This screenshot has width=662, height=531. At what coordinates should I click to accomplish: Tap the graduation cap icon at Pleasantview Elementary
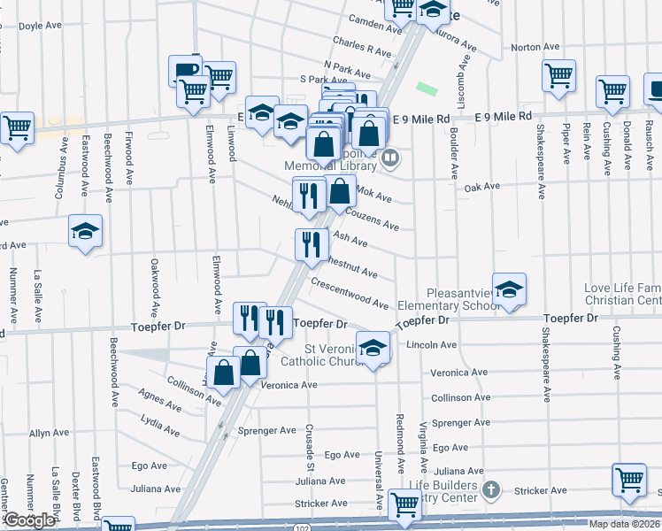(510, 289)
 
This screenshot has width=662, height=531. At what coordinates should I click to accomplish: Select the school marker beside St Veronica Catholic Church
(373, 348)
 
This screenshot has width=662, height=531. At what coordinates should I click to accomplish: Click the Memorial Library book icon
(390, 158)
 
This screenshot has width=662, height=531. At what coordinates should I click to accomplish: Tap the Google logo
(29, 520)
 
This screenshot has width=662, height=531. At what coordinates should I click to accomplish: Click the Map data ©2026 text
(624, 524)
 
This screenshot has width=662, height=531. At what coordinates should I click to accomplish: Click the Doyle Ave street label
(37, 27)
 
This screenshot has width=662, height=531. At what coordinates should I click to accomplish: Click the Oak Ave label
(482, 187)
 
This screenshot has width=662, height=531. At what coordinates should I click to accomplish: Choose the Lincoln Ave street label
(431, 344)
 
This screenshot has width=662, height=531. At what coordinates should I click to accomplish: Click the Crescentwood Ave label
(350, 293)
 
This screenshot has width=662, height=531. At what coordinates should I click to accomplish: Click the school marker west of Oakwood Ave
(86, 232)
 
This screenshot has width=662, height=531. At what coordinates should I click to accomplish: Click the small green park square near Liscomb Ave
(428, 89)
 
